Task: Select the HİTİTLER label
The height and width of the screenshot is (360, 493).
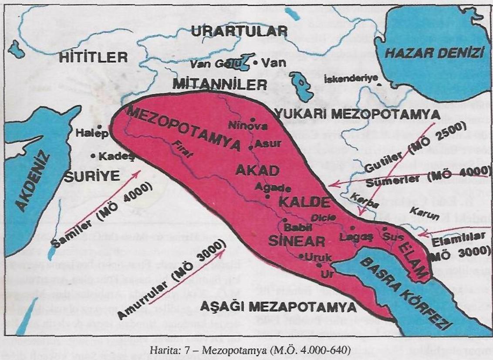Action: click(94, 57)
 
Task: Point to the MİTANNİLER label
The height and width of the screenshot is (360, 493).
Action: click(219, 85)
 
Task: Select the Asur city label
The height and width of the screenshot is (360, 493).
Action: click(266, 143)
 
